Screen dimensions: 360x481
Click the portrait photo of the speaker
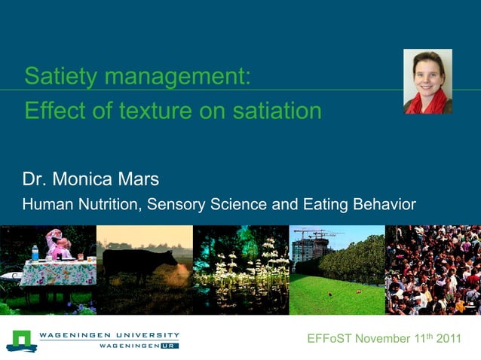[427, 81]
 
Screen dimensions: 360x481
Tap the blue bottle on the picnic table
[35, 252]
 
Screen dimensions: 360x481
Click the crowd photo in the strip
[433, 269]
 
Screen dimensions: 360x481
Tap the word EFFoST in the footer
[329, 338]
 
